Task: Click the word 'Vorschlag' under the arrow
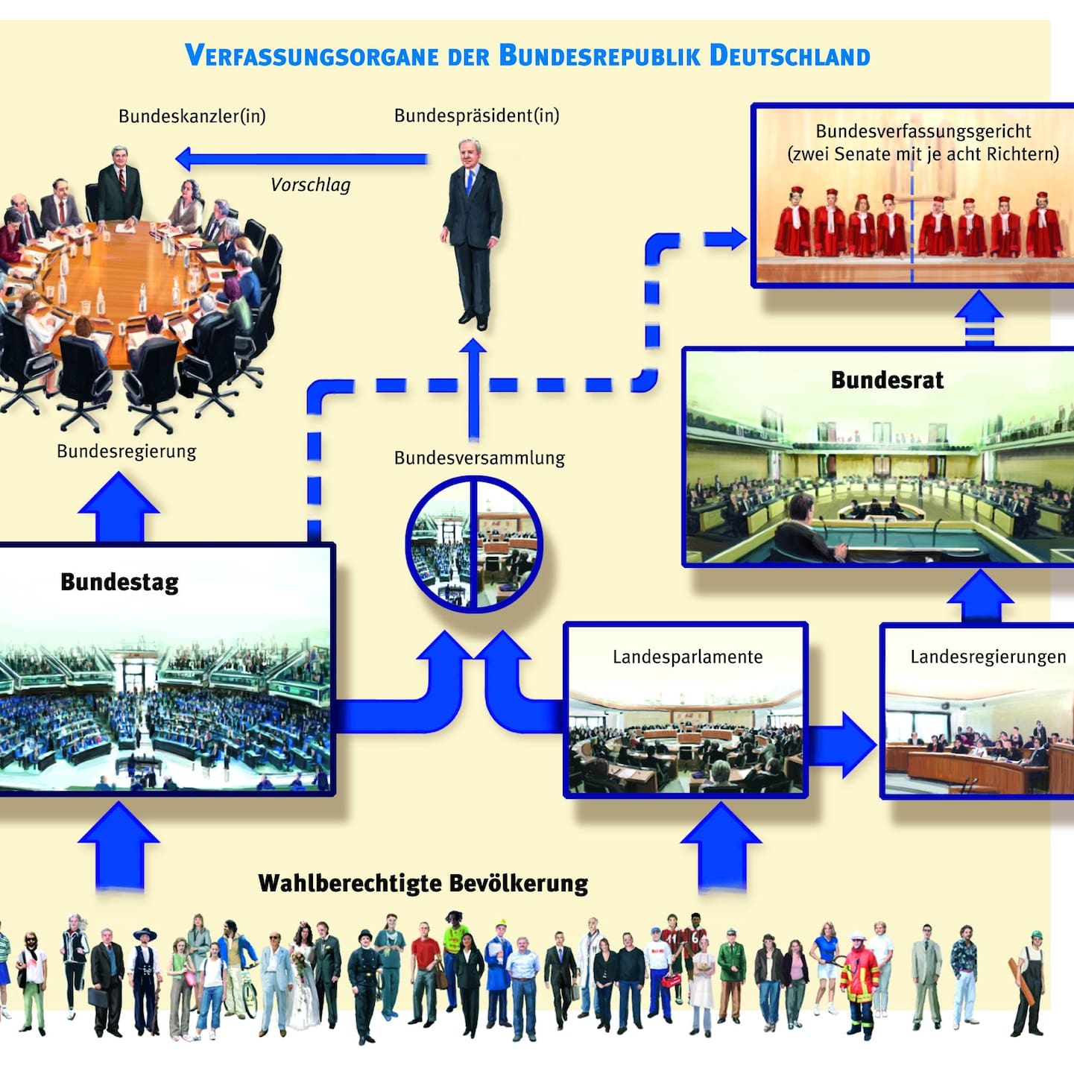coord(310,185)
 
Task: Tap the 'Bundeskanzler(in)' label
coord(192,116)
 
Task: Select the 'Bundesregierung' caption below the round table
coord(126,452)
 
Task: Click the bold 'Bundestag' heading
coord(119,582)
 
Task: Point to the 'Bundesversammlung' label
coord(479,458)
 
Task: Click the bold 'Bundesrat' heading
coord(887,380)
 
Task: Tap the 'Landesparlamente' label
coord(687,657)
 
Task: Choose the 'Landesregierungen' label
coord(988,657)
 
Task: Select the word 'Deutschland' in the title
coord(789,56)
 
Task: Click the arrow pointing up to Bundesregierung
coord(119,507)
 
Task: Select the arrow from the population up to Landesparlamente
coord(721,846)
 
